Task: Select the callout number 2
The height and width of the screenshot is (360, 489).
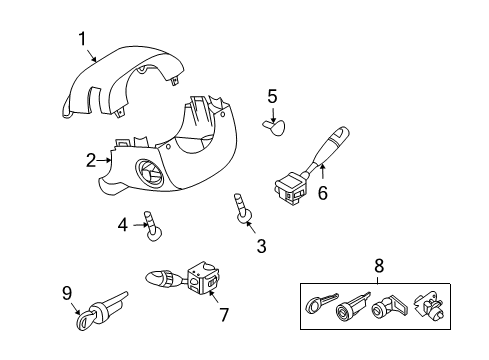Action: point(91,159)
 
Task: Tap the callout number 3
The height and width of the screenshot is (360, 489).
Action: point(261,245)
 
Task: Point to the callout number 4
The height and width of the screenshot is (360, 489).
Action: point(123,225)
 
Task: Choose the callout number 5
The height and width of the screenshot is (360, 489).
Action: point(271,96)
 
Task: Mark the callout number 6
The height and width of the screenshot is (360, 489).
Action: point(322,194)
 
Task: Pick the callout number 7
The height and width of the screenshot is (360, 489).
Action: point(224,315)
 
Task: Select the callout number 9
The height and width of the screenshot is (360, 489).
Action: point(67,293)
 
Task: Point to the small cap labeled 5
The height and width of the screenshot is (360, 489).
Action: point(273,125)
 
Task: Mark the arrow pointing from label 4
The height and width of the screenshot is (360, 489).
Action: point(138,226)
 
